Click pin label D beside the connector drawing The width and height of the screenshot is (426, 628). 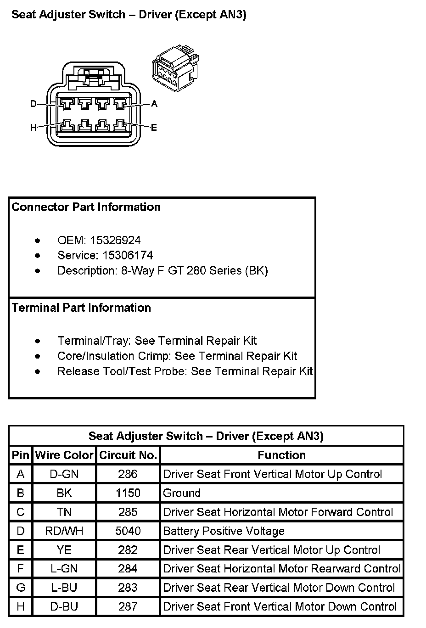(x=33, y=104)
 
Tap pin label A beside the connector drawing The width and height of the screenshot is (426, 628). (x=154, y=104)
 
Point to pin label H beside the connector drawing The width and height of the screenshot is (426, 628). (x=33, y=127)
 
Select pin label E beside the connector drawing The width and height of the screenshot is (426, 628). (x=154, y=127)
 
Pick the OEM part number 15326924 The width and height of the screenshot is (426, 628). (x=115, y=240)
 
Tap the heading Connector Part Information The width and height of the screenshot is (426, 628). (x=86, y=207)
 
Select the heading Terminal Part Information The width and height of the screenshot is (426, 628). (x=82, y=308)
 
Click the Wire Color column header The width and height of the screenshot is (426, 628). (x=64, y=455)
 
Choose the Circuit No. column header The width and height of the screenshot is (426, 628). (x=128, y=455)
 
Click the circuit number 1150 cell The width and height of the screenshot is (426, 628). (x=128, y=493)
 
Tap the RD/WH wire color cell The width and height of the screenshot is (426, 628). (x=64, y=531)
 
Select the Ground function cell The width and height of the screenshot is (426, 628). (x=182, y=493)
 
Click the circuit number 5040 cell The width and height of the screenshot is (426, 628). (x=128, y=531)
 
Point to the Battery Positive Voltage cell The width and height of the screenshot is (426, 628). (x=224, y=531)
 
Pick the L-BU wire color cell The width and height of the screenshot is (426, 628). (x=64, y=588)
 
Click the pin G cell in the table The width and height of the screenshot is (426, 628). (x=21, y=588)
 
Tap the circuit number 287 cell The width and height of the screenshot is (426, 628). (x=128, y=606)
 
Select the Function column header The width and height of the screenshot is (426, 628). (x=282, y=455)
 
